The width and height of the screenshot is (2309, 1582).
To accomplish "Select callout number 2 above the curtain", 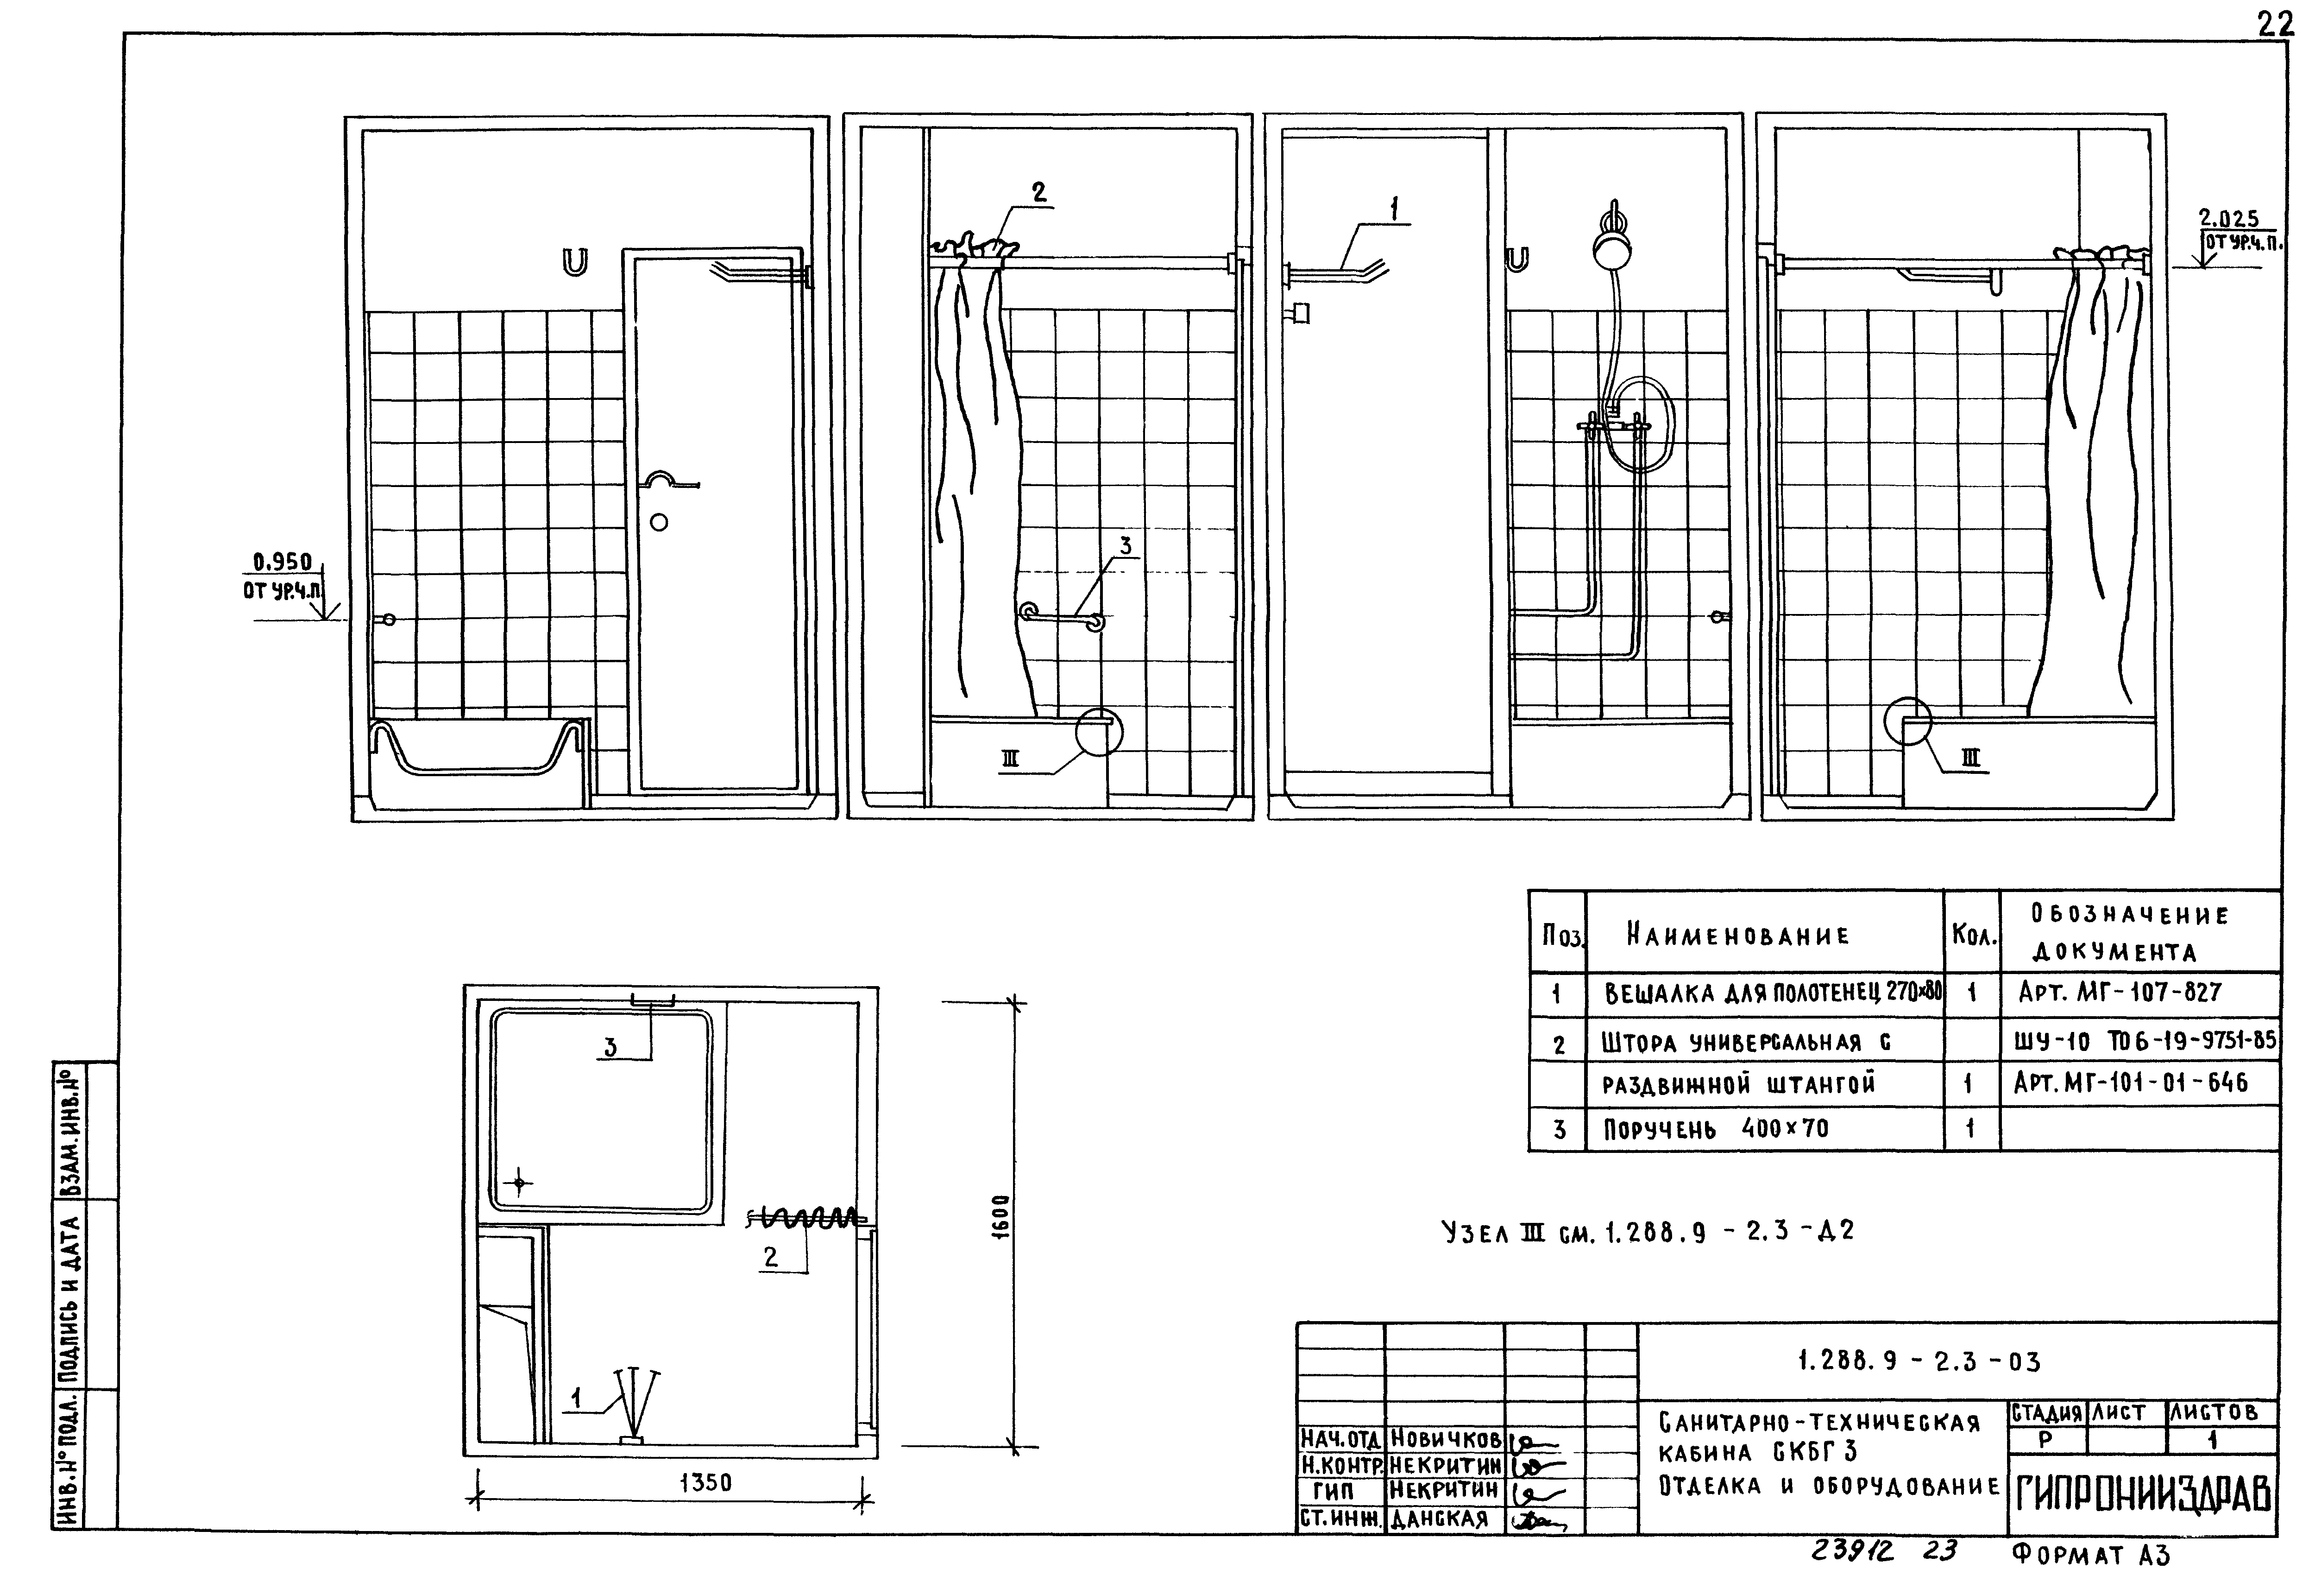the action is click(1039, 193).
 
